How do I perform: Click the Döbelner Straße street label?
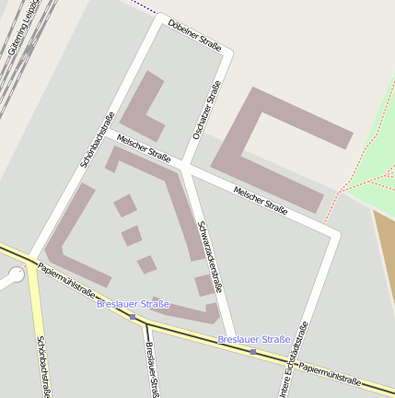[195, 35]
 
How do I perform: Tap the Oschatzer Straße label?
[207, 111]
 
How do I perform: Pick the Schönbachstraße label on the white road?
[97, 138]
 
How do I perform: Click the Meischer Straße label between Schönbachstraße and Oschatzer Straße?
[145, 148]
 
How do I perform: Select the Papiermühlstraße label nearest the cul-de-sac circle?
[67, 280]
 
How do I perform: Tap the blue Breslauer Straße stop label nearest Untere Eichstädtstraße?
[253, 340]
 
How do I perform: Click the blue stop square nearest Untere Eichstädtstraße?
[253, 351]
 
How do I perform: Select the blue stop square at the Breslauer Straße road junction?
[133, 317]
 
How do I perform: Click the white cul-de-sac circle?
[16, 274]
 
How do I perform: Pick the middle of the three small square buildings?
[132, 236]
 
